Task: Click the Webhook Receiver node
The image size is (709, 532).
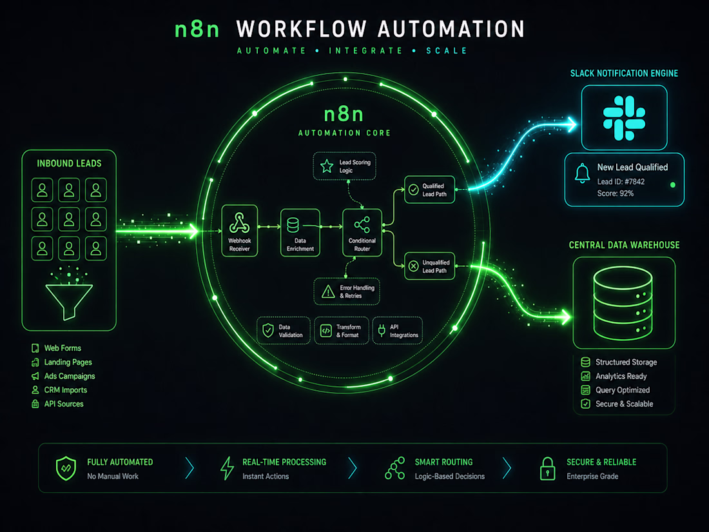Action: point(240,231)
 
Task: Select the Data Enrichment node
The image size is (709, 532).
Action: point(300,233)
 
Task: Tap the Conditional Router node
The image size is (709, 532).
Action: point(362,233)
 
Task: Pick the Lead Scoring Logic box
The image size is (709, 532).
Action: point(345,166)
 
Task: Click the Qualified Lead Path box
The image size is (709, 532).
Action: point(429,190)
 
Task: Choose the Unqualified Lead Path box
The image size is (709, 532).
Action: point(429,266)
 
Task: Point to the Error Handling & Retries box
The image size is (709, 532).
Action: point(347,291)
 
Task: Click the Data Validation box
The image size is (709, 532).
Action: point(284,331)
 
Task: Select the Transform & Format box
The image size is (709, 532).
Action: point(342,331)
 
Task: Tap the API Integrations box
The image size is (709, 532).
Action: point(398,331)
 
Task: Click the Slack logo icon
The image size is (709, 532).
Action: point(624,117)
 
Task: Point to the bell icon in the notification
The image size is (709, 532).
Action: point(583,173)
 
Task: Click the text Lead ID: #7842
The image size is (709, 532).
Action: point(621,181)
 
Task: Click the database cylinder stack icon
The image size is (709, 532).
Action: point(623,303)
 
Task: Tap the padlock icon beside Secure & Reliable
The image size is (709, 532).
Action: point(548,468)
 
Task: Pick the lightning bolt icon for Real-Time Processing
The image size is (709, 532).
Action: point(228,468)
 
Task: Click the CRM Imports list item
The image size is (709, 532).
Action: point(59,390)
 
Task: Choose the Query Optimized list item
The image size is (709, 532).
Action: point(616,390)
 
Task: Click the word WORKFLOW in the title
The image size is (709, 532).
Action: point(301,29)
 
